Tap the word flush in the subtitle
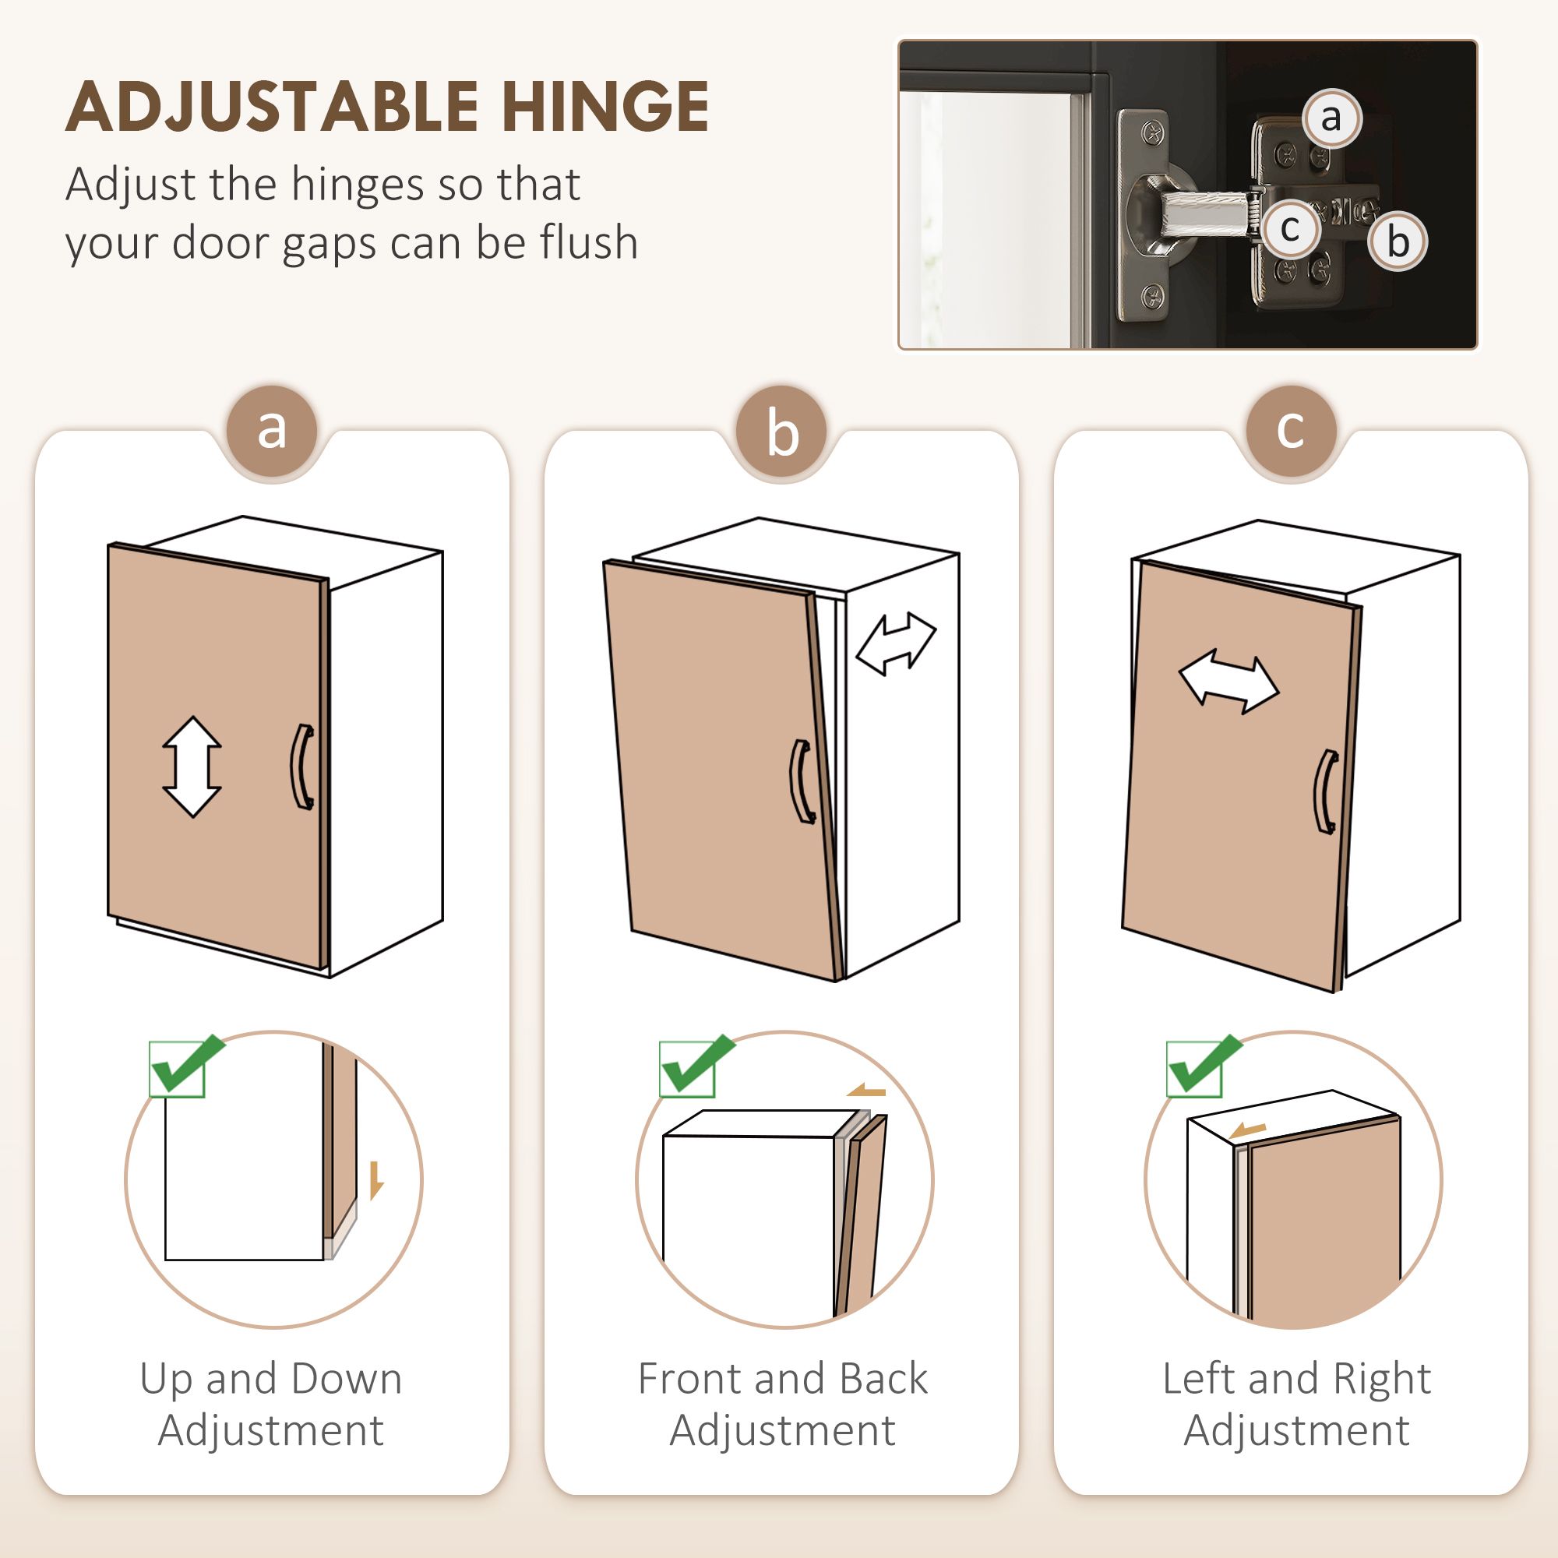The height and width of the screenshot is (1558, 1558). [589, 242]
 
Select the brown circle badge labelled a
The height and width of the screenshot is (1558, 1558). [272, 431]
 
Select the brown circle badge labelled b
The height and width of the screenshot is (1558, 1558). [781, 431]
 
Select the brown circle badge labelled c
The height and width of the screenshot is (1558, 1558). [1291, 431]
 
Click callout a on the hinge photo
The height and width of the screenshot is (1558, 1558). [1331, 118]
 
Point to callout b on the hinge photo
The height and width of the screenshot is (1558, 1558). [1398, 240]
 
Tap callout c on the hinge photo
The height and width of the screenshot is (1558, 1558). [1289, 228]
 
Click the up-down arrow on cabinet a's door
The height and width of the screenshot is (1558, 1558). [192, 767]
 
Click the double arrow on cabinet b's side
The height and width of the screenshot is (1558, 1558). [895, 643]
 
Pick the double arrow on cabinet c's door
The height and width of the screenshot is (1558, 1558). [1229, 682]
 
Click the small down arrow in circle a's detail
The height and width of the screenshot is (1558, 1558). [375, 1182]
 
